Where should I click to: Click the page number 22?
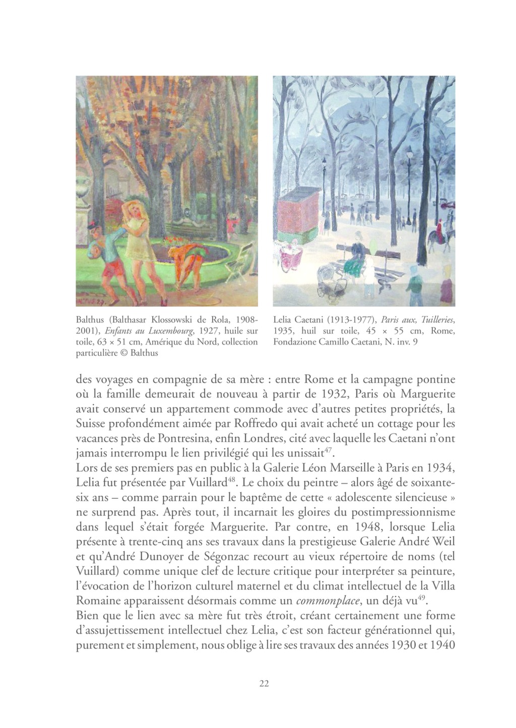tap(264, 684)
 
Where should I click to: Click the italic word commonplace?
tap(328, 601)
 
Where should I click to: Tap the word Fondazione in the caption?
tap(297, 342)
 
